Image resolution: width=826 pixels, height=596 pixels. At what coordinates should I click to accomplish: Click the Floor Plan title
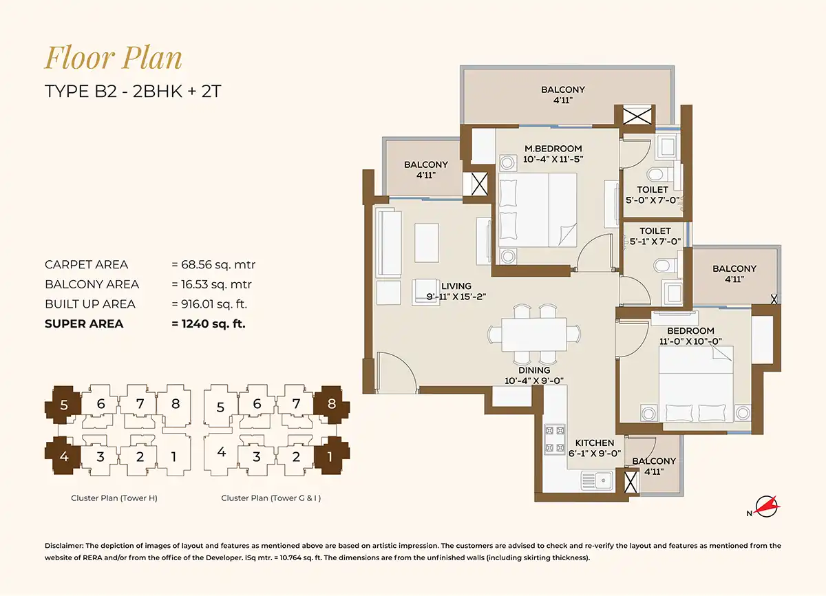(113, 58)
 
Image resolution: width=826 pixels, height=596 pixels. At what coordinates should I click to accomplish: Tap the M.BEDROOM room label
(553, 149)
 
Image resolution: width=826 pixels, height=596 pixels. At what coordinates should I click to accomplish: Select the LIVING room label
(456, 286)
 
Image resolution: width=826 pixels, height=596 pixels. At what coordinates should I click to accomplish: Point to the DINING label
(534, 370)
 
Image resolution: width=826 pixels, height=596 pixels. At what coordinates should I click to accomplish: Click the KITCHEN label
(595, 443)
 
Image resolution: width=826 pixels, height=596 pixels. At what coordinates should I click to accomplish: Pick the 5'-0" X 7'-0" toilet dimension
(653, 200)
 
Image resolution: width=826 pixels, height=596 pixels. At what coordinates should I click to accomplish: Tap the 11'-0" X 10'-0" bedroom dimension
(690, 341)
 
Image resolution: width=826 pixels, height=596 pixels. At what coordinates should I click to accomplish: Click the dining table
(534, 334)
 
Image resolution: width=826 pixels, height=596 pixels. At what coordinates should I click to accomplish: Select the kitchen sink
(597, 480)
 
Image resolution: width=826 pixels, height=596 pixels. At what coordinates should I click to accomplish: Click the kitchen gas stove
(555, 439)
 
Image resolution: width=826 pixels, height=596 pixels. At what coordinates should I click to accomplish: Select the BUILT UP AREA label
(90, 304)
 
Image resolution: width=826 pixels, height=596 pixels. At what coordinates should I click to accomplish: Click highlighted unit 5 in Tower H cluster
(63, 405)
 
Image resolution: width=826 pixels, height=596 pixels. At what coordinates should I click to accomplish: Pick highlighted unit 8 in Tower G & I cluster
(332, 404)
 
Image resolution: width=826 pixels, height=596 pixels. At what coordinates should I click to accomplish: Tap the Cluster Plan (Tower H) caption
(114, 498)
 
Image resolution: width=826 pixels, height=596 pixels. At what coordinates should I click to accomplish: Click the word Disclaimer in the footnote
(64, 546)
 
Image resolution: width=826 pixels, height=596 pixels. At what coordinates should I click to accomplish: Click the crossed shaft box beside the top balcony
(637, 116)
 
